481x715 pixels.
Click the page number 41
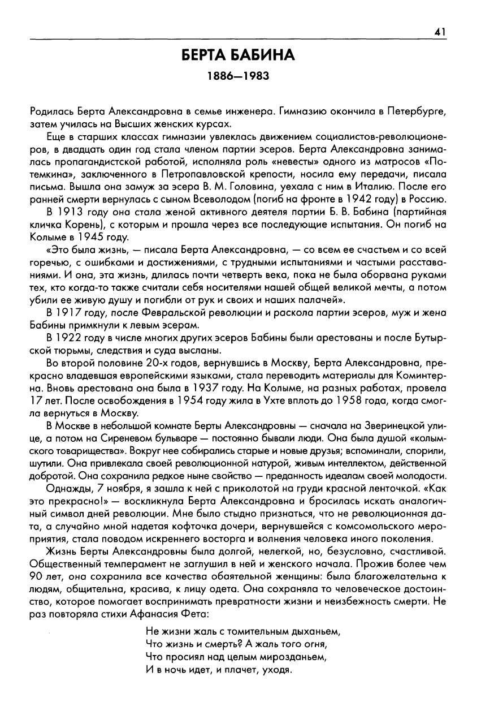(441, 33)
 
